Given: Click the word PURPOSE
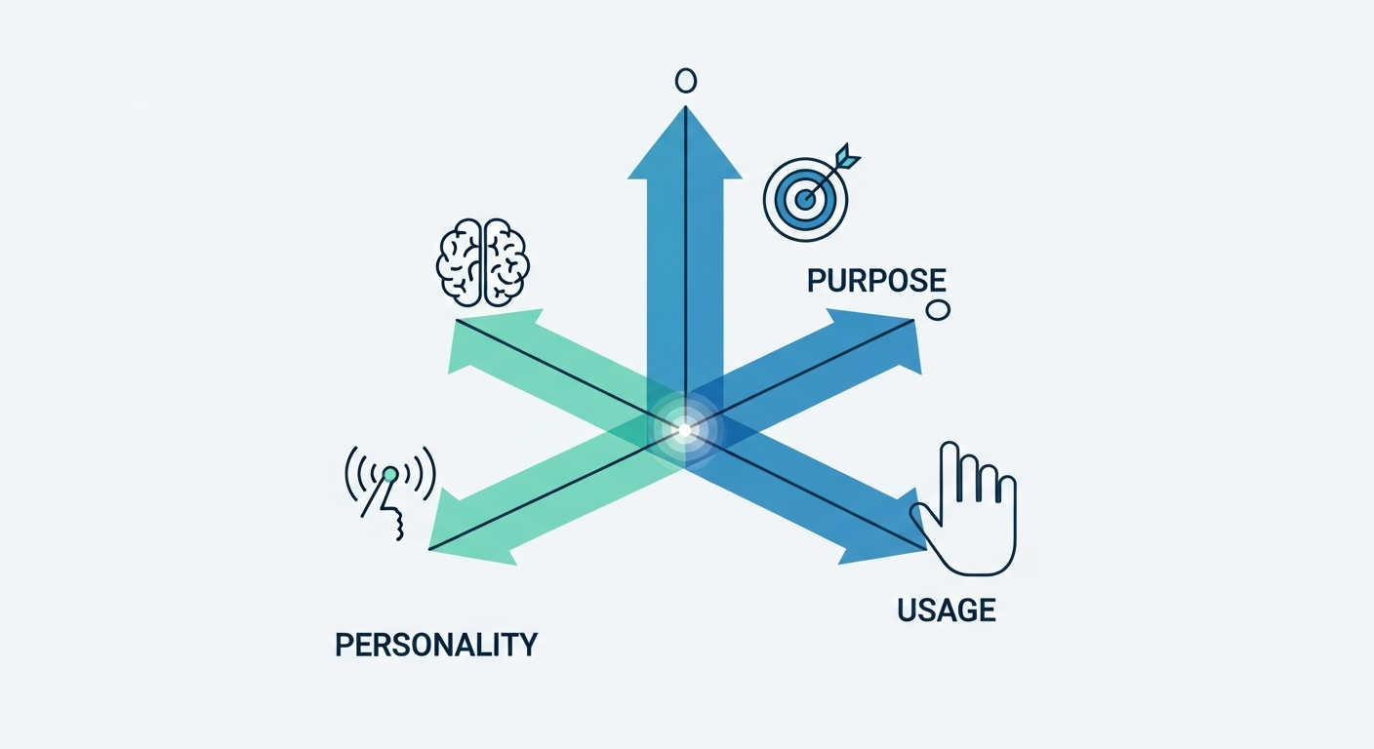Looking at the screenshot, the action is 876,280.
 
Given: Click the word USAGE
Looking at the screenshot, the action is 946,610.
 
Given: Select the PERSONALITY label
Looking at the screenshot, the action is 436,645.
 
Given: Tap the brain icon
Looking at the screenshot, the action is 483,262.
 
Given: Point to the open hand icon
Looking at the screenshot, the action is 965,510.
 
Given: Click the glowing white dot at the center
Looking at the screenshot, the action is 685,430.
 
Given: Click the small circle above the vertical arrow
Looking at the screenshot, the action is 686,80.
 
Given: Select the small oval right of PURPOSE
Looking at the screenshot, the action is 937,310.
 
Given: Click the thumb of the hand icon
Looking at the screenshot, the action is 924,518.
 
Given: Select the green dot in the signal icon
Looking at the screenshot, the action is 390,474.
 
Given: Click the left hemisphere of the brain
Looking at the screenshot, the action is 459,263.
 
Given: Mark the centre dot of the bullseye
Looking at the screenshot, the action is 805,199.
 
